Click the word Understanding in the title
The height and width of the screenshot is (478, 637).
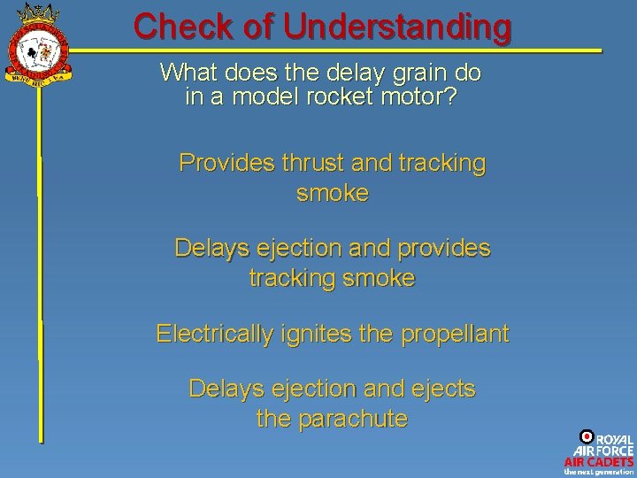click(397, 27)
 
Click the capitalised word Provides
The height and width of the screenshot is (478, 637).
click(226, 163)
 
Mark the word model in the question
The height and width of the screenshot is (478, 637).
click(264, 96)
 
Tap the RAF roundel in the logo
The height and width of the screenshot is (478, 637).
click(586, 436)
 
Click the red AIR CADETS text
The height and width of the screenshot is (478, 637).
click(599, 462)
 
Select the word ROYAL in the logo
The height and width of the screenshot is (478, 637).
click(614, 439)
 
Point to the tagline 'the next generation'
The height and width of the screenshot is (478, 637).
click(599, 472)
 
